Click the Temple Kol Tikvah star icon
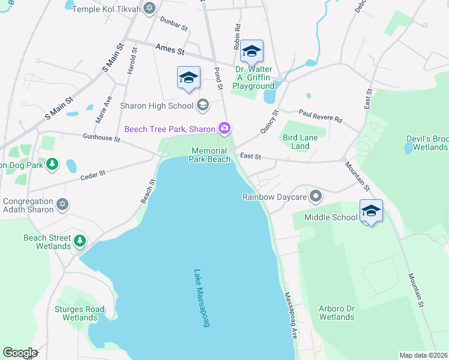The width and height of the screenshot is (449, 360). pyautogui.click(x=149, y=8)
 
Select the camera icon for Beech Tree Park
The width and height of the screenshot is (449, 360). pyautogui.click(x=224, y=128)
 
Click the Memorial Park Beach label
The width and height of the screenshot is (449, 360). pyautogui.click(x=209, y=155)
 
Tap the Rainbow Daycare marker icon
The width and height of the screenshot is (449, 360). pyautogui.click(x=316, y=196)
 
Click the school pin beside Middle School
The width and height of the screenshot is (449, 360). pyautogui.click(x=372, y=211)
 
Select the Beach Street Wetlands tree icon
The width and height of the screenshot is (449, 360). pyautogui.click(x=80, y=242)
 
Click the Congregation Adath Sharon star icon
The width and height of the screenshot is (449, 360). pyautogui.click(x=62, y=206)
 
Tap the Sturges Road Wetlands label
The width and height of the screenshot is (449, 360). pyautogui.click(x=80, y=313)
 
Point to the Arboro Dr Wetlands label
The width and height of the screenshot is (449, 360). pyautogui.click(x=337, y=313)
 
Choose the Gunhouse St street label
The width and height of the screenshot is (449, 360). pyautogui.click(x=102, y=137)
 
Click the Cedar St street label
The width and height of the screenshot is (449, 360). pyautogui.click(x=93, y=175)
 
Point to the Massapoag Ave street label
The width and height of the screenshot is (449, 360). pyautogui.click(x=291, y=314)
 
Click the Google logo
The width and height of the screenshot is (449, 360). pyautogui.click(x=19, y=353)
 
